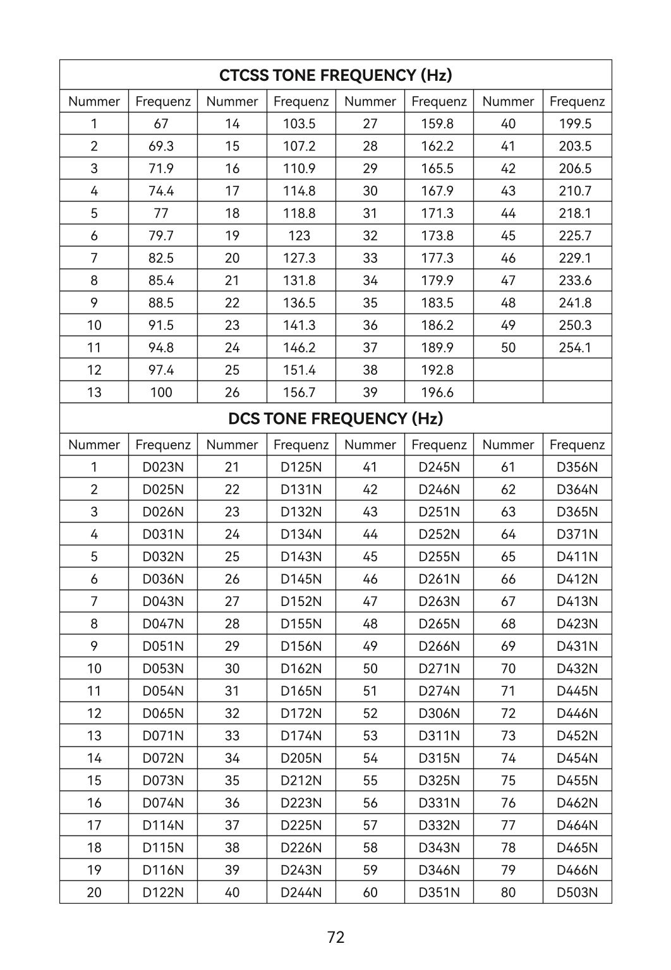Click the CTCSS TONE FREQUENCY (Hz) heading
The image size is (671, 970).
335,75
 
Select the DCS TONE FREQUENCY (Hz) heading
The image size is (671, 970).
335,418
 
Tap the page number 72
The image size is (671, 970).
336,937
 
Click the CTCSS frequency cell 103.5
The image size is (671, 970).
299,124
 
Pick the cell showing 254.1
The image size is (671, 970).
575,348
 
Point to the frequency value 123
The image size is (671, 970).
299,236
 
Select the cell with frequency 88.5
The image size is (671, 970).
161,303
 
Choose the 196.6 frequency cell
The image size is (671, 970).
437,392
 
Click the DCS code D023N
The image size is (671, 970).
163,467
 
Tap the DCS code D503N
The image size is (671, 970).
577,892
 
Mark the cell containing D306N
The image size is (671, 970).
439,713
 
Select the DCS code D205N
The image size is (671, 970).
301,758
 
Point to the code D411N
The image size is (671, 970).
577,557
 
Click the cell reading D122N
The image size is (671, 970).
163,892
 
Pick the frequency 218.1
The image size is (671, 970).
575,213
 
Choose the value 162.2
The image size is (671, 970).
437,146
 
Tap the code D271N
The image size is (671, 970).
439,669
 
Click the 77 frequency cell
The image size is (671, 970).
161,213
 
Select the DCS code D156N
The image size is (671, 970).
301,646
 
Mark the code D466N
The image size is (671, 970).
577,870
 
